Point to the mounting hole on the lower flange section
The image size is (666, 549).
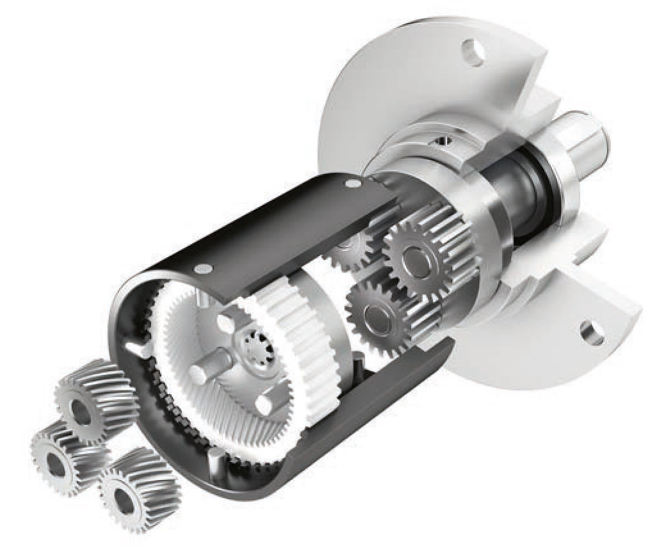click(591, 332)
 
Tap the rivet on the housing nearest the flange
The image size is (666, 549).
click(352, 184)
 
